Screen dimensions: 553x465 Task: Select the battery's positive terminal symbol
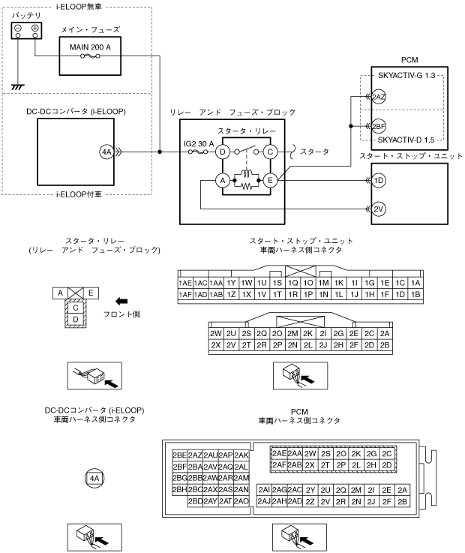coord(34,28)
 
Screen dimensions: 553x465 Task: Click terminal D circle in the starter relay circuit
coord(222,152)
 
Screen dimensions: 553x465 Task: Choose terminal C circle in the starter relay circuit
coord(270,152)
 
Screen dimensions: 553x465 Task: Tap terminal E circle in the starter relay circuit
coord(270,180)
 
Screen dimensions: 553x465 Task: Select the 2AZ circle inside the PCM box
coord(379,98)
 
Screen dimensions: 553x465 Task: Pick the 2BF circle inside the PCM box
coord(379,126)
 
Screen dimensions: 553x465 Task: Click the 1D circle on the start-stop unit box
coord(379,180)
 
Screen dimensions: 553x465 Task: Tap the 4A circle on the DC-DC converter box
coord(106,152)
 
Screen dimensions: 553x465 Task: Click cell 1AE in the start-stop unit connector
coord(185,283)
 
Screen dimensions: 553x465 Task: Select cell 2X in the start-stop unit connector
coord(216,345)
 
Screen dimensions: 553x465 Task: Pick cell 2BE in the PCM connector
coord(179,455)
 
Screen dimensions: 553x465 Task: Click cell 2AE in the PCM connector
coord(279,453)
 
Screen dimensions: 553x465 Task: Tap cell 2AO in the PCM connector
coord(241,501)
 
